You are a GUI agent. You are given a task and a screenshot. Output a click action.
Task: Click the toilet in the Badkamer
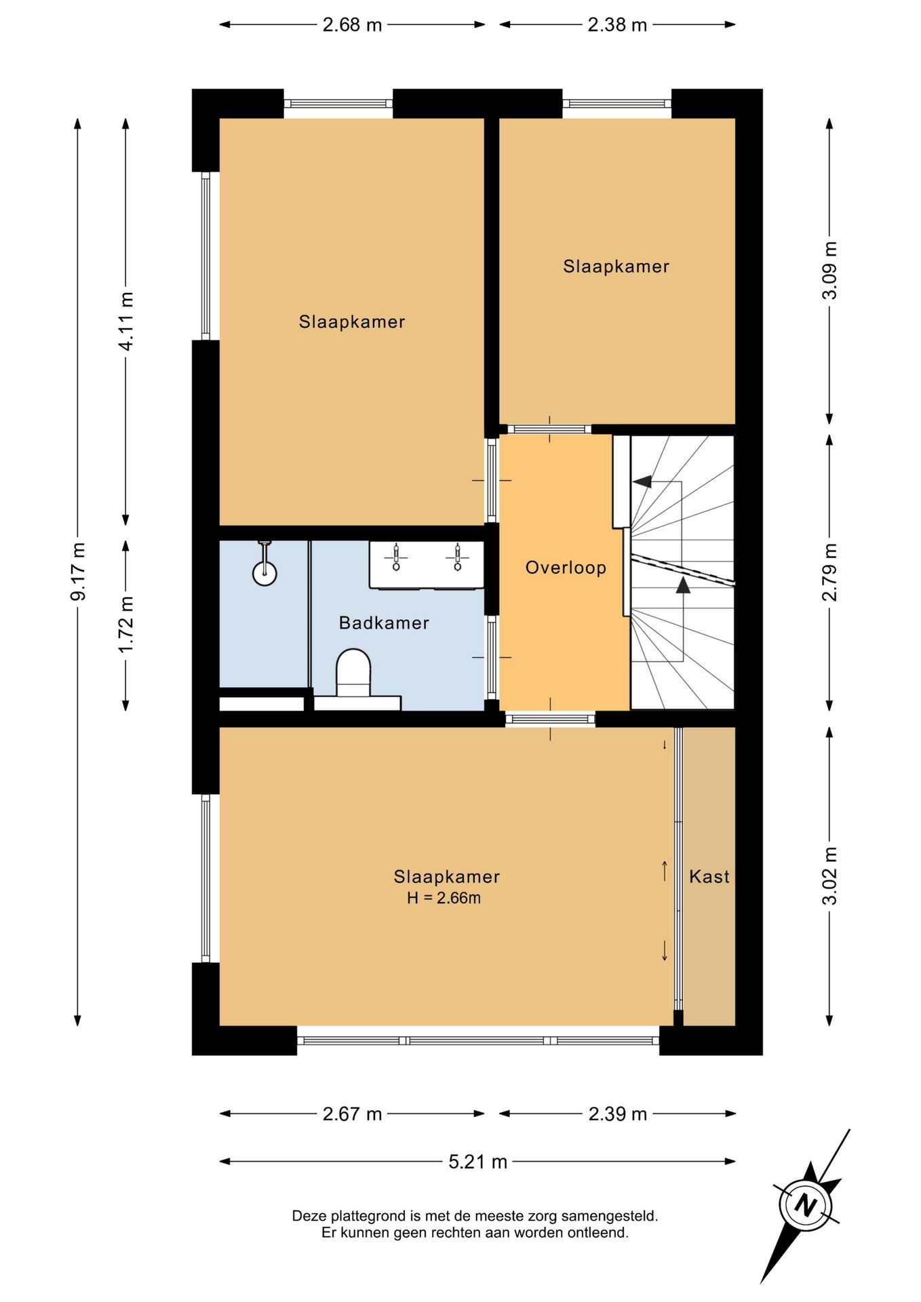[353, 673]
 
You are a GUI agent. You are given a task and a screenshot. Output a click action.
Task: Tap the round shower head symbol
[264, 574]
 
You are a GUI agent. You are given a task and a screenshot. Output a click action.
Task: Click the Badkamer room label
[384, 623]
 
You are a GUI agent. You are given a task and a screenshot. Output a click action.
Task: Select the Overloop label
[566, 568]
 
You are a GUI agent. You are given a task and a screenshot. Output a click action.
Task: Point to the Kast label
[709, 876]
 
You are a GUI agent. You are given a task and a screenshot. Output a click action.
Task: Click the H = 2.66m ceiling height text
[444, 898]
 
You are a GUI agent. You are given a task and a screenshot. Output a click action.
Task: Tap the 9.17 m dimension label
[78, 572]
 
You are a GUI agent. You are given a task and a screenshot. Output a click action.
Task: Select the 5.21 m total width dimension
[477, 1162]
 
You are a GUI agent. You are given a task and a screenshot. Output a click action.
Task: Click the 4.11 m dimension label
[125, 321]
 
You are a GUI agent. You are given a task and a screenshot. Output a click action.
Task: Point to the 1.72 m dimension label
[125, 625]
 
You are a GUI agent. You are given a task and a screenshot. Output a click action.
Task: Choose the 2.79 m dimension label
[829, 572]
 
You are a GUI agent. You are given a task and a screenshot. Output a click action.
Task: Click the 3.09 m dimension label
[829, 270]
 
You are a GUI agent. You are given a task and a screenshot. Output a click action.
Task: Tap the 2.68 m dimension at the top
[352, 25]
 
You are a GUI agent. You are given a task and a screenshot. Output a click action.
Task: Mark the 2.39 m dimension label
[617, 1114]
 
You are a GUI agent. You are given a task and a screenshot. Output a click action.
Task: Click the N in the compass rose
[805, 1206]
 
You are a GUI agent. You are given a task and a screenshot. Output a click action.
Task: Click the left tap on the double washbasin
[396, 557]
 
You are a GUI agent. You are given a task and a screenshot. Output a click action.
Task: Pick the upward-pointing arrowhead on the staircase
[683, 585]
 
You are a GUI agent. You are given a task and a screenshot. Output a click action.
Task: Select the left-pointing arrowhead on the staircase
[642, 481]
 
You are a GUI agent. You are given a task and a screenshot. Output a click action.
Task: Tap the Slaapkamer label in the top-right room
[616, 267]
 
